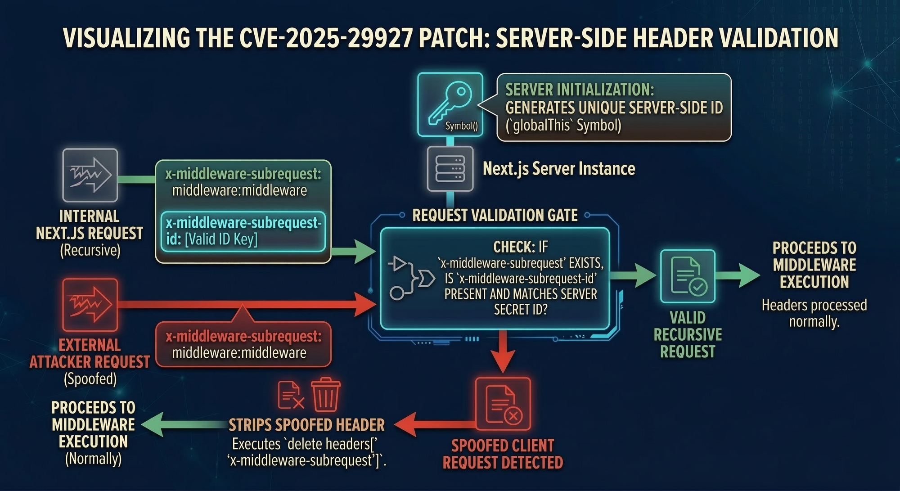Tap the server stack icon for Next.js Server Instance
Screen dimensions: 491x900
[450, 169]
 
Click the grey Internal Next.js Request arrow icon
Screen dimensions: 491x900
[90, 175]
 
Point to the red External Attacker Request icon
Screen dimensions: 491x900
[90, 305]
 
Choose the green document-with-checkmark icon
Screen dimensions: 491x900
[688, 276]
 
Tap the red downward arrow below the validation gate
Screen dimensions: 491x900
[503, 356]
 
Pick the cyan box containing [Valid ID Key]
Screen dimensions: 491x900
[243, 231]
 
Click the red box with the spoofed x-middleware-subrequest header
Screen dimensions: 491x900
[243, 345]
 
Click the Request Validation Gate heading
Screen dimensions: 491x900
[495, 216]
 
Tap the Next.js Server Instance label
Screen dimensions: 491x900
[559, 169]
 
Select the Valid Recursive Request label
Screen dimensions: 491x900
[688, 335]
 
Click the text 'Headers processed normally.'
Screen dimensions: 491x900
[814, 313]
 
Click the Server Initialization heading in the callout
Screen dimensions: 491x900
[580, 90]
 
